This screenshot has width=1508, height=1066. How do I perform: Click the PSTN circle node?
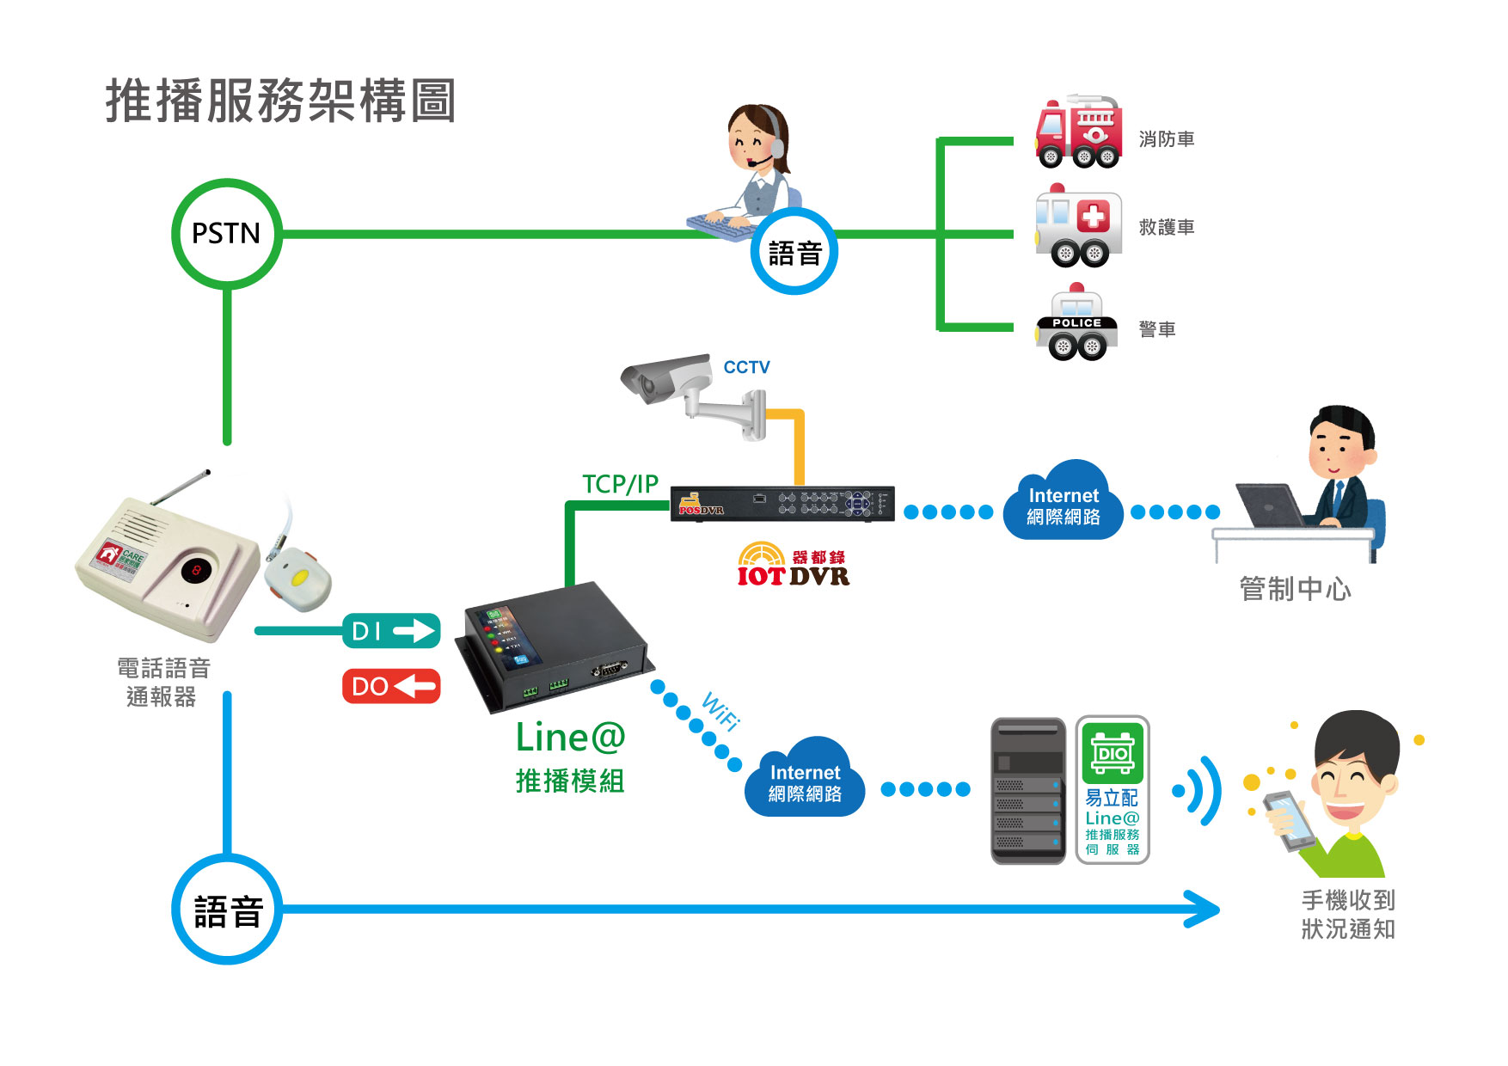coord(227,234)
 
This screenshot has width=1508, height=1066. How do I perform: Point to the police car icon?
coord(1076,325)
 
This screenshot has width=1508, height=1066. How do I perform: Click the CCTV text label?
coord(746,367)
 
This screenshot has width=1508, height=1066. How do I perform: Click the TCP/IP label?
coord(620,484)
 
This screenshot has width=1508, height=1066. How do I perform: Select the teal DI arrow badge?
coord(391,631)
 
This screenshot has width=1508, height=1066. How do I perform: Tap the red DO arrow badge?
coord(391,686)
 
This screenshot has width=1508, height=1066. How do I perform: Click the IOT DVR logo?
coord(793,566)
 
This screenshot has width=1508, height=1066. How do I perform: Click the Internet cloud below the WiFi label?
coord(805,780)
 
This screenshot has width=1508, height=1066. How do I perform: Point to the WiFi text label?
coord(720,710)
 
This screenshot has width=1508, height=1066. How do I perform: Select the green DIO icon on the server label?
coord(1113,753)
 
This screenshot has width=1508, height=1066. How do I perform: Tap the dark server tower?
coord(1028,791)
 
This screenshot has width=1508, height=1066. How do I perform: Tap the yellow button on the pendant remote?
coord(301,577)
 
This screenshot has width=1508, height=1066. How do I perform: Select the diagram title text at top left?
coord(280,101)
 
